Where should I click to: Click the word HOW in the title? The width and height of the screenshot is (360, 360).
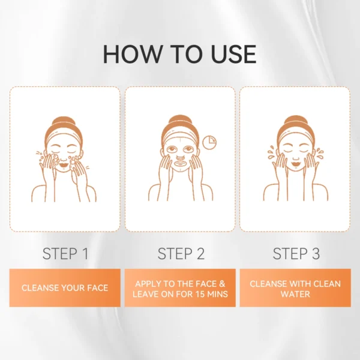[131, 54]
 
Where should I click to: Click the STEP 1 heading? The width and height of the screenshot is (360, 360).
[65, 254]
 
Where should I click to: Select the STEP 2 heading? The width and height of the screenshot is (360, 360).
[181, 254]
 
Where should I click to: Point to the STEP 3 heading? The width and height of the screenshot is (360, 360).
[296, 254]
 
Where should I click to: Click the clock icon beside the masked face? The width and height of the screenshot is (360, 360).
[209, 143]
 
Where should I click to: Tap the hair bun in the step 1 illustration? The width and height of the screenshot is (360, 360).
[64, 122]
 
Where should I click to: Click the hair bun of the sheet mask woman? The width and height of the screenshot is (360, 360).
[180, 121]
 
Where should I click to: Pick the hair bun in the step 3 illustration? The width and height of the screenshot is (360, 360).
[296, 121]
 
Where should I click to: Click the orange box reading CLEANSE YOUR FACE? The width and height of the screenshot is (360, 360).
[65, 288]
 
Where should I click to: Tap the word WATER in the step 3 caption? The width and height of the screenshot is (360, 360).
[295, 294]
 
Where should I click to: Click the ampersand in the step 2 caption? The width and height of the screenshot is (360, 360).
[222, 284]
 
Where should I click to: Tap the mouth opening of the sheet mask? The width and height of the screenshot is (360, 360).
[181, 163]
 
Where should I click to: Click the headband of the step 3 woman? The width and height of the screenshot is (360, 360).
[296, 136]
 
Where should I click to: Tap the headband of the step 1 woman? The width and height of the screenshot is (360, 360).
[64, 137]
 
